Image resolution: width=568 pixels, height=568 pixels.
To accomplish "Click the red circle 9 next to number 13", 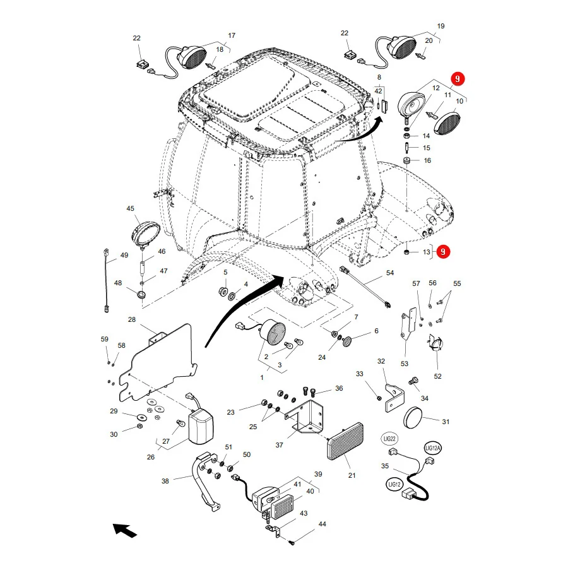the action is pyautogui.click(x=443, y=252).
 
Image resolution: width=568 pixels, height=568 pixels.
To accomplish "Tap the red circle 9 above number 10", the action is pyautogui.click(x=458, y=79).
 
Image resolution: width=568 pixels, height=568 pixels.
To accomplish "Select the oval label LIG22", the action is pyautogui.click(x=389, y=439).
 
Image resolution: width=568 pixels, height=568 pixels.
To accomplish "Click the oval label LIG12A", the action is pyautogui.click(x=432, y=448).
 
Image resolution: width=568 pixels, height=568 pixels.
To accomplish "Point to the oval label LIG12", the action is pyautogui.click(x=394, y=484).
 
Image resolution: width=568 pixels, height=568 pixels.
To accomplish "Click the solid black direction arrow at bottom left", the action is pyautogui.click(x=124, y=530).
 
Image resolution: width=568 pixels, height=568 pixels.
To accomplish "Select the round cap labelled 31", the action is pyautogui.click(x=413, y=418).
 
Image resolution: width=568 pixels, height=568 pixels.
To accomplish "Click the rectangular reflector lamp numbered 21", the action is pyautogui.click(x=345, y=441).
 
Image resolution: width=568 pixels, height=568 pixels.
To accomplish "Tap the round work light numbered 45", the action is pyautogui.click(x=145, y=234).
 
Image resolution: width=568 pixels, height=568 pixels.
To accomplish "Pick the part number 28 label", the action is pyautogui.click(x=132, y=319).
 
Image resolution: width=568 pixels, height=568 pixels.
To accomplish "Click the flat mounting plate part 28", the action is pyautogui.click(x=158, y=363).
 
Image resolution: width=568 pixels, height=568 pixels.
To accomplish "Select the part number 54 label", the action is pyautogui.click(x=390, y=273).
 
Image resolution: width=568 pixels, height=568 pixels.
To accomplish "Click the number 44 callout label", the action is pyautogui.click(x=322, y=524).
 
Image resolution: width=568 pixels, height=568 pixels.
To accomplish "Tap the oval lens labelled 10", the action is pyautogui.click(x=447, y=124).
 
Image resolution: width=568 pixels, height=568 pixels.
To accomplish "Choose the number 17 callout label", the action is pyautogui.click(x=232, y=35).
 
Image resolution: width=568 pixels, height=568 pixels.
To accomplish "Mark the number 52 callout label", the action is pyautogui.click(x=437, y=376).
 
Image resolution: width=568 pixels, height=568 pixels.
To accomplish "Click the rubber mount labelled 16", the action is pyautogui.click(x=407, y=160).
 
